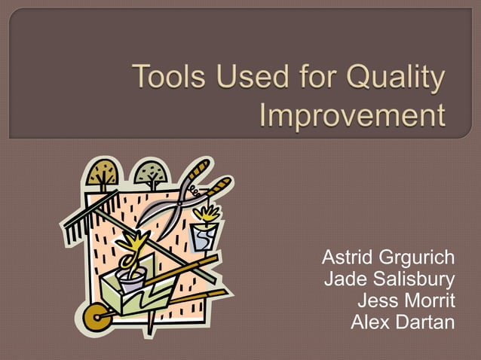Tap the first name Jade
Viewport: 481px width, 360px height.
343,281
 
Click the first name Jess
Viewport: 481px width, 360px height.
376,302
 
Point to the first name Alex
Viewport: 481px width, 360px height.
368,323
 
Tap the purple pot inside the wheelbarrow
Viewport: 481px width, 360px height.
131,280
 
